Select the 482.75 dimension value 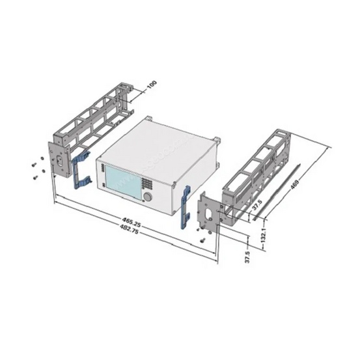(x=130, y=228)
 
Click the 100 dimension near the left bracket (x=152, y=85)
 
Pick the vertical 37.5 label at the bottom (x=247, y=256)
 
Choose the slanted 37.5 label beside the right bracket (x=257, y=205)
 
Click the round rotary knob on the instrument (x=148, y=197)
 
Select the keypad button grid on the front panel (x=146, y=183)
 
